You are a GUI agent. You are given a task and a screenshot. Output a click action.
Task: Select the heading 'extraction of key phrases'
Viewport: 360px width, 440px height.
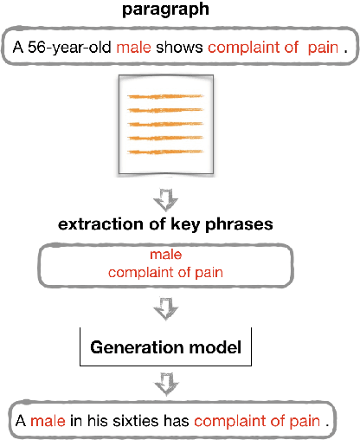click(166, 225)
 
